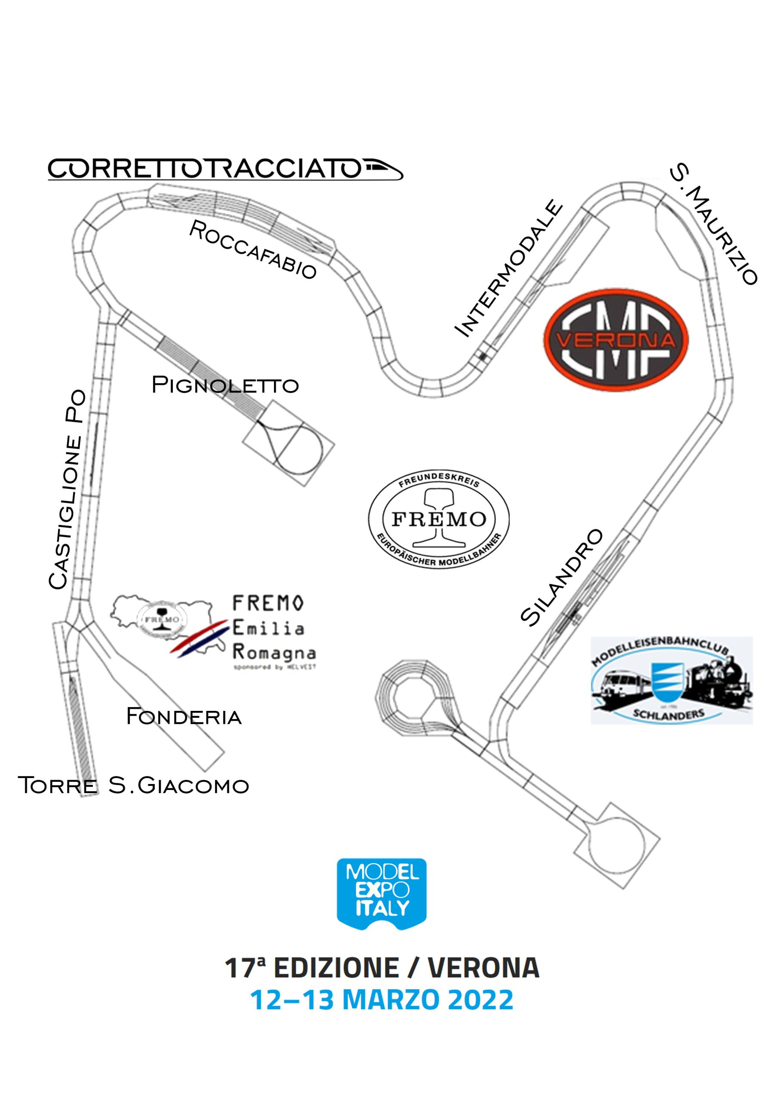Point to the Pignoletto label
[225, 385]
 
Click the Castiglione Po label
[67, 489]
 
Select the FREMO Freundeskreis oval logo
[438, 520]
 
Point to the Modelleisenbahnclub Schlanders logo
[671, 680]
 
